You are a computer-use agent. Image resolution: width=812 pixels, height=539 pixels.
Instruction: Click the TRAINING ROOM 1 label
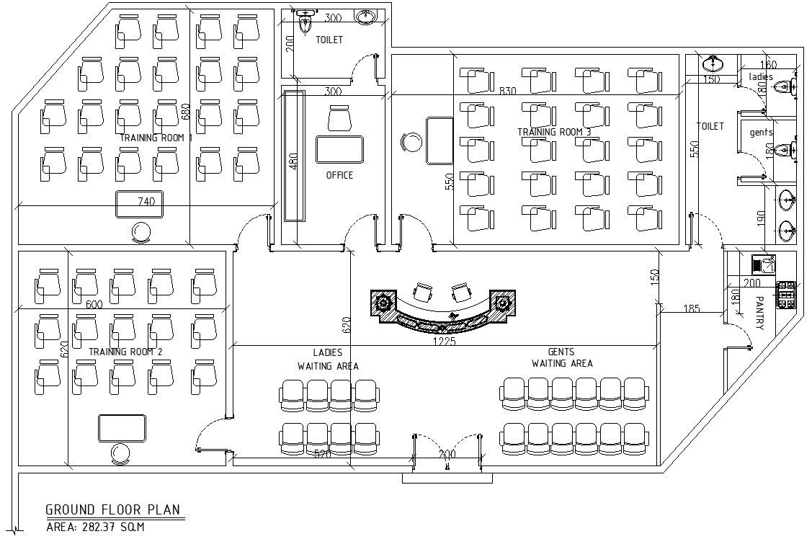coord(156,138)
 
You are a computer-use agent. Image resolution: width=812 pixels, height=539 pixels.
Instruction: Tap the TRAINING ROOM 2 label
coord(125,352)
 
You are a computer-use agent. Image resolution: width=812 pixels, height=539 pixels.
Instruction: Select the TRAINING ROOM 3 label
coord(554,132)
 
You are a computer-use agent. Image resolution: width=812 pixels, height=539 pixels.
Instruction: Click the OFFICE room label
coord(339,175)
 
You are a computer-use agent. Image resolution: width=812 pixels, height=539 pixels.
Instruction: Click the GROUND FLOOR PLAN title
coord(113,510)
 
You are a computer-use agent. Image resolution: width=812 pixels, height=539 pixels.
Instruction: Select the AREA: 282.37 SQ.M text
coord(95,527)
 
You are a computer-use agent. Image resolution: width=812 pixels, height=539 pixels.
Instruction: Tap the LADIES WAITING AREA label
coord(328,360)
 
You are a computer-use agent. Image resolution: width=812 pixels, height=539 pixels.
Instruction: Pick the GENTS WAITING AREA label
coord(562,357)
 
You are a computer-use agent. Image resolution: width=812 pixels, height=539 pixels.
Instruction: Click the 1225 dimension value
coord(444,342)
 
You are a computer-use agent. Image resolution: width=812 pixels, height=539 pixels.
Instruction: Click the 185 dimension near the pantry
coord(691,309)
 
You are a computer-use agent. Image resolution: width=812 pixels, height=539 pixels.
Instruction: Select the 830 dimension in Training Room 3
coord(509,91)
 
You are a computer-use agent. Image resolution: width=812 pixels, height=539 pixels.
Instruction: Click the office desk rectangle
coord(339,149)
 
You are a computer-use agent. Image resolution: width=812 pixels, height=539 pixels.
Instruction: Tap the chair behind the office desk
coord(339,118)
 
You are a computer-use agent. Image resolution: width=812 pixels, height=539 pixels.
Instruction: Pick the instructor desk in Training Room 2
coord(122,427)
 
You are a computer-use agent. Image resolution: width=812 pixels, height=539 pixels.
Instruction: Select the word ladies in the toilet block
coord(761,76)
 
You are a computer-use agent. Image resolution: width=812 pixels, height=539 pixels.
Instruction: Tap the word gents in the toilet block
coord(761,133)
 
